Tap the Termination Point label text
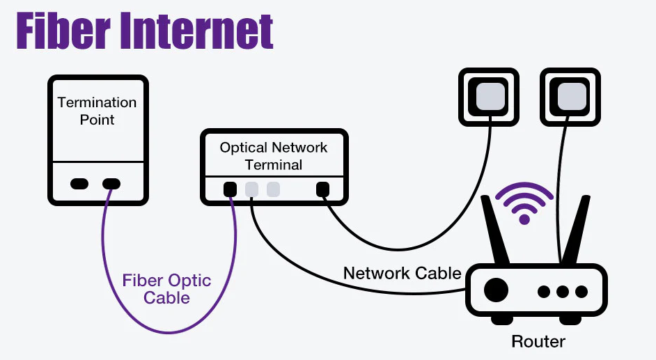tap(97, 111)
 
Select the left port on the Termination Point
tap(80, 184)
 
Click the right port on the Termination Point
tap(111, 184)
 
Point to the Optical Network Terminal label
tap(274, 156)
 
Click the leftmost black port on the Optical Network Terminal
tap(230, 189)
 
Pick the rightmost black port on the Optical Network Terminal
tap(322, 189)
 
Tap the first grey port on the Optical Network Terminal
tap(251, 189)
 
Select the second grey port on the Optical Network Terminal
tap(273, 189)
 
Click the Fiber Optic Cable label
tap(166, 289)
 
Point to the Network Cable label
tap(402, 272)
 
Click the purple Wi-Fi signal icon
tap(524, 203)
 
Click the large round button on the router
tap(495, 290)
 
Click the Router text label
tap(538, 341)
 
